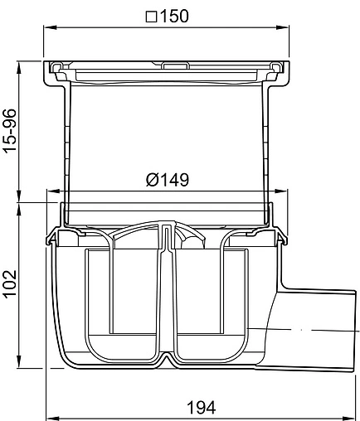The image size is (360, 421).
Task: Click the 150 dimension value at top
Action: [174, 16]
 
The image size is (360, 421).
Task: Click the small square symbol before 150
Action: [151, 17]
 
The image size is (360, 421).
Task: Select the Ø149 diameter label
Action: [168, 180]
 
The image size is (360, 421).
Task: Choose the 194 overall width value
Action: [201, 407]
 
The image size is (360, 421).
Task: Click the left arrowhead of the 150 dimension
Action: [50, 27]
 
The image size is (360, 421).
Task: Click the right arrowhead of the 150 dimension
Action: [282, 27]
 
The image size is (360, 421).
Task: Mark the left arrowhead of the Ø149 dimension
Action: [54, 191]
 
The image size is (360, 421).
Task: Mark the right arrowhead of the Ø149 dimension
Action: [280, 191]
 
